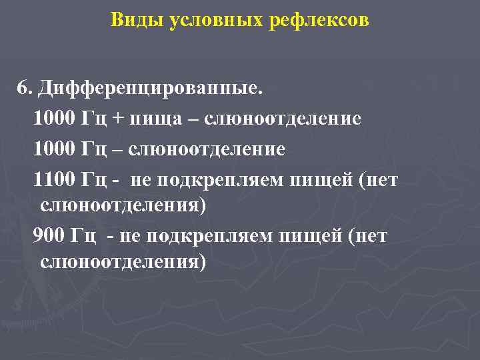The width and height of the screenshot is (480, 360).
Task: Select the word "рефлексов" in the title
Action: [x=319, y=21]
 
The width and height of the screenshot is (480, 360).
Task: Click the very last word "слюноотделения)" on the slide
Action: [x=123, y=261]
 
